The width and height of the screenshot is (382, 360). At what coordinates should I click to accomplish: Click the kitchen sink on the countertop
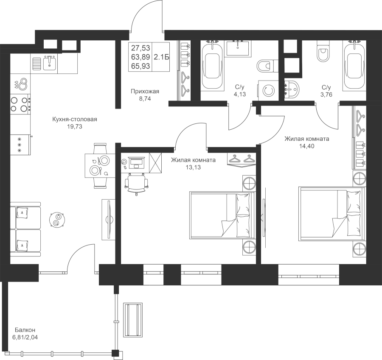tap(50, 62)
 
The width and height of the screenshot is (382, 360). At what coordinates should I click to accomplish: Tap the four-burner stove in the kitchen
tap(20, 104)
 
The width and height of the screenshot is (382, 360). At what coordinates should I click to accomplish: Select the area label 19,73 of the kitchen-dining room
tap(75, 126)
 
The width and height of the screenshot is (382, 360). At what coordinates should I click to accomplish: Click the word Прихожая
tap(145, 92)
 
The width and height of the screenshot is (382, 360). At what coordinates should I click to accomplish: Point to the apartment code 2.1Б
tap(161, 57)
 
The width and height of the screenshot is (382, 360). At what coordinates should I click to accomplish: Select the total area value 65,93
tap(140, 66)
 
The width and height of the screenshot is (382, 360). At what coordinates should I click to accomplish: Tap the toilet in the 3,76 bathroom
tap(323, 51)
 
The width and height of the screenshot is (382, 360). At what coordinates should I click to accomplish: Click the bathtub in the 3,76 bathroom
tap(354, 66)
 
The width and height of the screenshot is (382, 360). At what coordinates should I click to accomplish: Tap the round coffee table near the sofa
tap(57, 220)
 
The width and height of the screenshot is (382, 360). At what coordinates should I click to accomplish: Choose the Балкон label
tap(25, 330)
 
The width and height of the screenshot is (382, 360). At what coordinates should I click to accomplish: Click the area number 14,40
tap(307, 146)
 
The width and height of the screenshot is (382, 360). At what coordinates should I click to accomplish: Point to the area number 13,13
tap(193, 167)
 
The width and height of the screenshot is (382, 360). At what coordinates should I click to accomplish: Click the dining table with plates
tap(100, 165)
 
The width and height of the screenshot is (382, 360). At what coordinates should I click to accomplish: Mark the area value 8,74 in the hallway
tap(145, 98)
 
